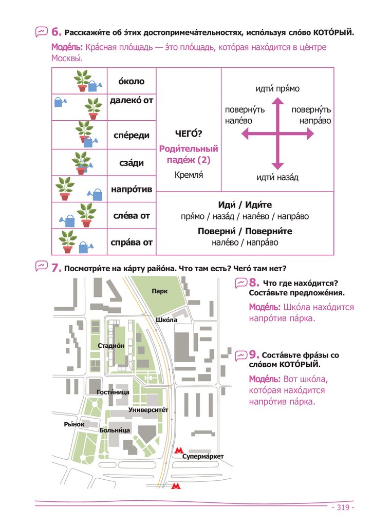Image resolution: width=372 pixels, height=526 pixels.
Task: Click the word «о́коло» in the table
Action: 132,81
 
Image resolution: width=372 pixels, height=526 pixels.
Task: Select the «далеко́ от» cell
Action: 132,101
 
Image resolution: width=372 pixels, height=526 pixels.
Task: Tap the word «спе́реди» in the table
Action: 132,135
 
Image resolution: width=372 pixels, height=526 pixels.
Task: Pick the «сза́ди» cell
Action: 132,163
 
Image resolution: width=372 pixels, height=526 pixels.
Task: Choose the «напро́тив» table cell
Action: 132,190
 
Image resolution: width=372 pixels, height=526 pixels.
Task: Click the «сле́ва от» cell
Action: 132,216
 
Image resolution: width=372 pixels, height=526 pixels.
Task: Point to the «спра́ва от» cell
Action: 132,242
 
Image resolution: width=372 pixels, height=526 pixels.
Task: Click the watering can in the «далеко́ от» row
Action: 61,102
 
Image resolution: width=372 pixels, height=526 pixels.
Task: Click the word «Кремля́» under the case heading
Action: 189,175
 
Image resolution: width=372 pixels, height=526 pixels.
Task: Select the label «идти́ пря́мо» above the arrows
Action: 277,89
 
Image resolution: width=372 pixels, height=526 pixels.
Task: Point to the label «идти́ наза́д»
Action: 277,178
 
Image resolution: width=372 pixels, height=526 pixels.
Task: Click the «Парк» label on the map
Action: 159,291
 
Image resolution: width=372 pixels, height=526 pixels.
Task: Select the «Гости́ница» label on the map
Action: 113,392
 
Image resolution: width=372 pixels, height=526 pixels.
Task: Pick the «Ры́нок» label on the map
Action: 74,424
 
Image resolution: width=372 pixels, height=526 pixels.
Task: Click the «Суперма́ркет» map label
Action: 203,456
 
